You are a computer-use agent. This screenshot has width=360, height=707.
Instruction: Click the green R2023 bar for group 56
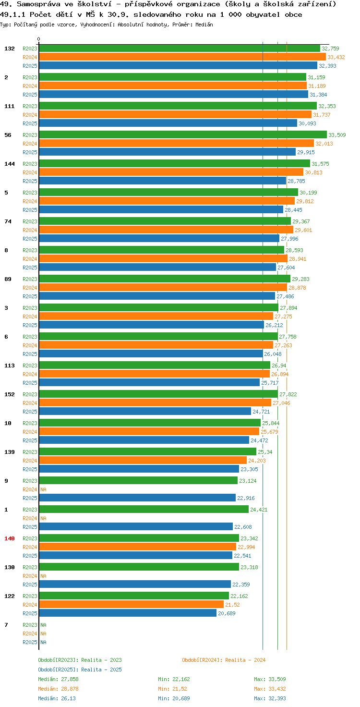183,135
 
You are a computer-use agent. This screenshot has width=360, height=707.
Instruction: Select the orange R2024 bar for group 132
182,57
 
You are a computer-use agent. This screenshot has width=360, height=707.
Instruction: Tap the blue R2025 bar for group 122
128,613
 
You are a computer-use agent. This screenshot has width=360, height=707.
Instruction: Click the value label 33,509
337,135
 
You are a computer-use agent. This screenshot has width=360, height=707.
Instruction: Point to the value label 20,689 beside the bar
227,613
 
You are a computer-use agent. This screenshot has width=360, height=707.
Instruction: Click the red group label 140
10,538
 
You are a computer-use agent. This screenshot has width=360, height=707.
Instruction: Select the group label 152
10,394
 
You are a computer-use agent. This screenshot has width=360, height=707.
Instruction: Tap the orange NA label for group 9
43,489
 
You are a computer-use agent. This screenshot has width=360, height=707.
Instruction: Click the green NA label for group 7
43,625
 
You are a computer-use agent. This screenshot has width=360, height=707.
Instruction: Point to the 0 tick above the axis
38,39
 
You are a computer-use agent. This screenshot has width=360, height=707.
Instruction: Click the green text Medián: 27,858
58,679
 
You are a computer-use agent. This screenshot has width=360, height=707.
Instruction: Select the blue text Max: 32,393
270,698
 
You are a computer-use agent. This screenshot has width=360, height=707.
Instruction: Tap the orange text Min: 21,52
172,689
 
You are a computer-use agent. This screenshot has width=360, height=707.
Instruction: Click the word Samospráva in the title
38,4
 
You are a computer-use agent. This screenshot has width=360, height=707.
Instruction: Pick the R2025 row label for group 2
30,95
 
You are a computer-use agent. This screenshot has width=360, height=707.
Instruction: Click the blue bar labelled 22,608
136,526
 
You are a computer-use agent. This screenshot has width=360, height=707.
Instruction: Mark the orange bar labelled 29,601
166,230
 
